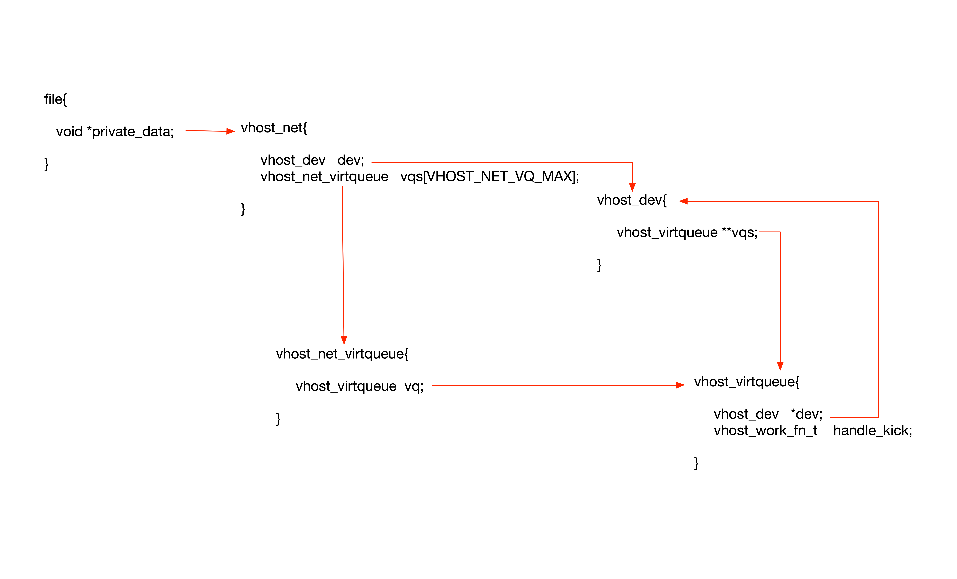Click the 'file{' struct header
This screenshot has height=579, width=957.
(x=55, y=99)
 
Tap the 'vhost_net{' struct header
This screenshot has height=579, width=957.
(x=274, y=128)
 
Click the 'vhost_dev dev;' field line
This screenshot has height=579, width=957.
(x=312, y=160)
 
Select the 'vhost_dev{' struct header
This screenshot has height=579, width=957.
(x=632, y=200)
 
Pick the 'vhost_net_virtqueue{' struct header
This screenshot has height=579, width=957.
(x=342, y=354)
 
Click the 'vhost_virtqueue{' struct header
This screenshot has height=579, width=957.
(x=747, y=382)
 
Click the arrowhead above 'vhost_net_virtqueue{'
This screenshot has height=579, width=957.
(x=344, y=340)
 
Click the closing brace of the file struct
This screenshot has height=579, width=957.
(x=46, y=164)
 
